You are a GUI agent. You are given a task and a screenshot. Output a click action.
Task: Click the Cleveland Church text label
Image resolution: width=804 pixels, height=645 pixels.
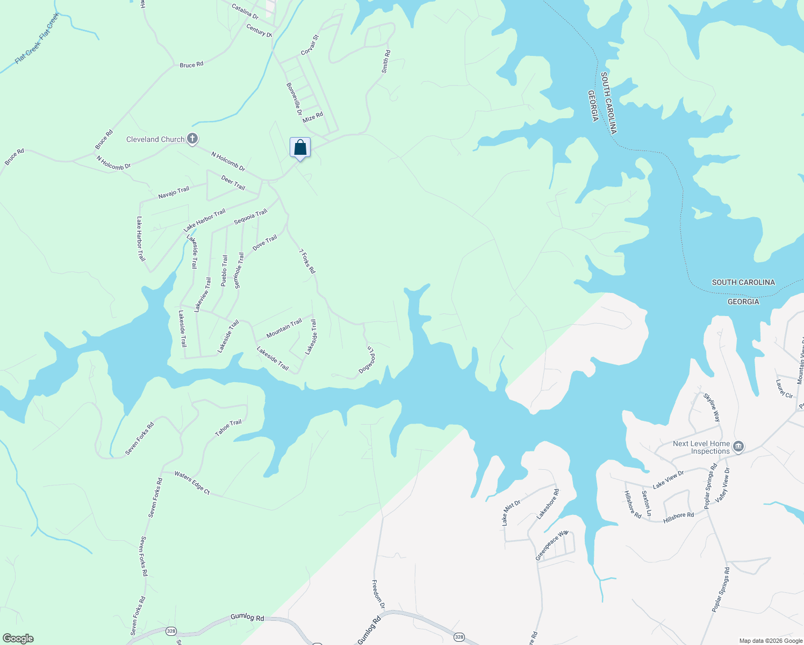click(x=155, y=139)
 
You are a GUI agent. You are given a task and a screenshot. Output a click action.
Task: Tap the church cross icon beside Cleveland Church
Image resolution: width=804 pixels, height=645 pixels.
click(x=192, y=139)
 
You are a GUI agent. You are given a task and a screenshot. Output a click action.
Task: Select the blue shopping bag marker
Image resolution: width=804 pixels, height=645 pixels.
click(x=300, y=148)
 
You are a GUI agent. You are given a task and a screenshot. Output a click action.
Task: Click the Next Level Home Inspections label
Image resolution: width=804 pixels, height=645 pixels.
click(x=701, y=447)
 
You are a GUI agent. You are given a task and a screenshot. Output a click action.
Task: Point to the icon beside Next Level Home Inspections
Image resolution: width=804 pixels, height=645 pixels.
click(x=738, y=447)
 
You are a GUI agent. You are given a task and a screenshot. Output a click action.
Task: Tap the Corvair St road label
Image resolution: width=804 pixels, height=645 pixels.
click(x=310, y=45)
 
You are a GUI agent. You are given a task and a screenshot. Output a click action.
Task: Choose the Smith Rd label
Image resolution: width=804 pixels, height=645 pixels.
click(x=386, y=61)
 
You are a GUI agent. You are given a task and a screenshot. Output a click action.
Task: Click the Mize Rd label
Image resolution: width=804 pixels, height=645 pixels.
click(x=312, y=117)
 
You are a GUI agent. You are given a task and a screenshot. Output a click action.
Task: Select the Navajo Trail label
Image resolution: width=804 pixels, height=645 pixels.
click(x=174, y=192)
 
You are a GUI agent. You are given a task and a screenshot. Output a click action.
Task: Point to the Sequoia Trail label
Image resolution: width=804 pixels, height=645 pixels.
click(x=250, y=217)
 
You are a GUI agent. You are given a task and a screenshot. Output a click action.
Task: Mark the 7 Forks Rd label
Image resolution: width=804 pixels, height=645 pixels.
click(x=307, y=261)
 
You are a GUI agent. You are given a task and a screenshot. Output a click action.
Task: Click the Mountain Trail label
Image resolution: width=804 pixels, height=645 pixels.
click(x=284, y=328)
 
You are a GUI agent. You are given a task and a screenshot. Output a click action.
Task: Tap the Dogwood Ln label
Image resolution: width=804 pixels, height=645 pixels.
click(x=367, y=360)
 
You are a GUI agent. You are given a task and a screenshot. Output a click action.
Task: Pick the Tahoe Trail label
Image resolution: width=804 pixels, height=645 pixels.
click(x=228, y=428)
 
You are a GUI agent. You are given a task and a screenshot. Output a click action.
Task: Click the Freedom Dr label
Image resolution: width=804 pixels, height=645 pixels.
click(x=378, y=594)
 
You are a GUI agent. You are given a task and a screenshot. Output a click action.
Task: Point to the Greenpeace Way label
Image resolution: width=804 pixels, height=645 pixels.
click(x=551, y=546)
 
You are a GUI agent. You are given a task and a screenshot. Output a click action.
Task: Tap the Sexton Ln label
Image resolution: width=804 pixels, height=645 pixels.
click(x=647, y=503)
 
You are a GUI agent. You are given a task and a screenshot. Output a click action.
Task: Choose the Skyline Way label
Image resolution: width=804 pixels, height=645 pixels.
click(x=712, y=407)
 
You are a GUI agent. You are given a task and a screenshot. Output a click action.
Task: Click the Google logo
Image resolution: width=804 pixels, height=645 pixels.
click(x=18, y=639)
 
